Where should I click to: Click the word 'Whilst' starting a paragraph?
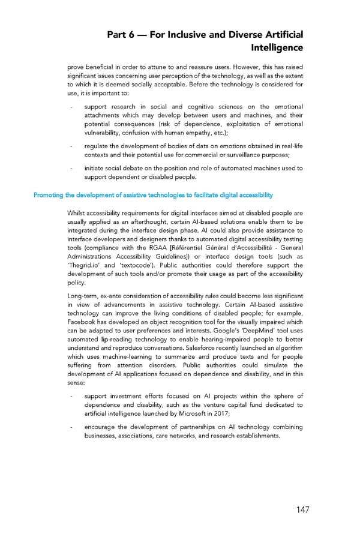tap(77, 213)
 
